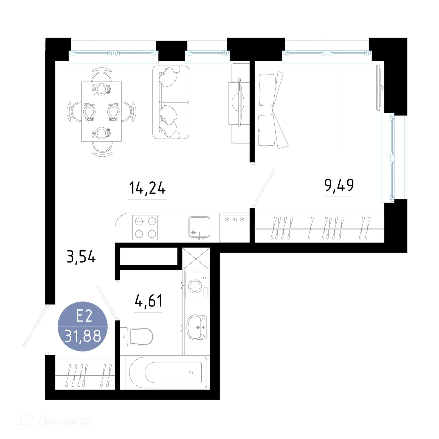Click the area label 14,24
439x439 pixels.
147,188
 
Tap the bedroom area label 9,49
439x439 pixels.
339,185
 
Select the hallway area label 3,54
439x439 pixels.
81,257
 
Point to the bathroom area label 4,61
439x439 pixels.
148,301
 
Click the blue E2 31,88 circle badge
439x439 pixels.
83,326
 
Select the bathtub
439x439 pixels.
168,372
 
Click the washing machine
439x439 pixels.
197,285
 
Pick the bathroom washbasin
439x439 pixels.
196,327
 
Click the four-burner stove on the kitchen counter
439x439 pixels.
145,227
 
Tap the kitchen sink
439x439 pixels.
199,227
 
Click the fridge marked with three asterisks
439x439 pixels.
235,227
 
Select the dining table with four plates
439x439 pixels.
102,111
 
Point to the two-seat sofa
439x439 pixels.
171,102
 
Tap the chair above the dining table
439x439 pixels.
102,75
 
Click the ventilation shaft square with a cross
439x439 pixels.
196,259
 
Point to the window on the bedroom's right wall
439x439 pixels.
392,158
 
